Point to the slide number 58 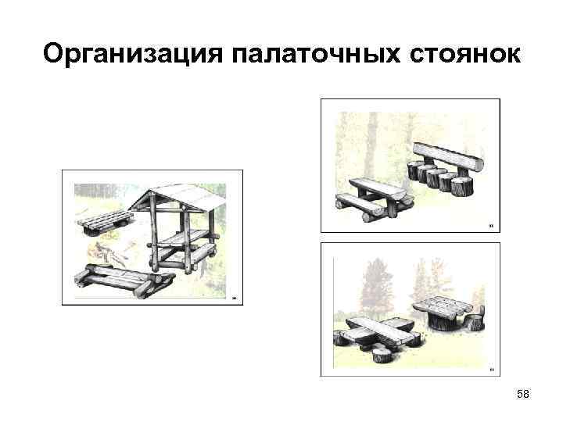tap(523, 395)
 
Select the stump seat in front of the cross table tap(383, 356)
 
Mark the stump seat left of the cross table tap(342, 338)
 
